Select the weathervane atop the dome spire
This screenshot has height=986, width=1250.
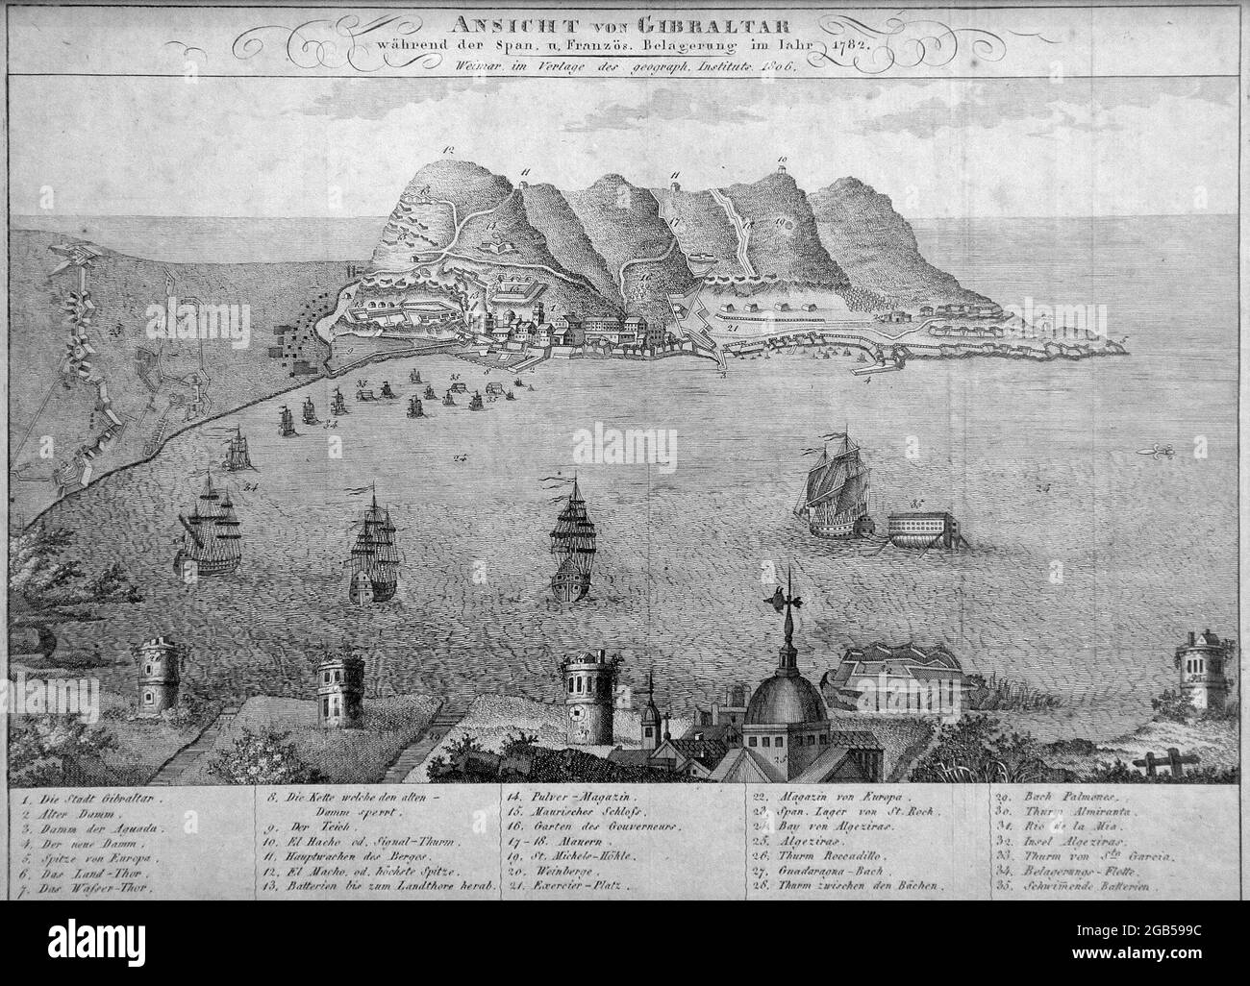(781, 600)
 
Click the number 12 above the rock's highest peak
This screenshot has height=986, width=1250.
(447, 150)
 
